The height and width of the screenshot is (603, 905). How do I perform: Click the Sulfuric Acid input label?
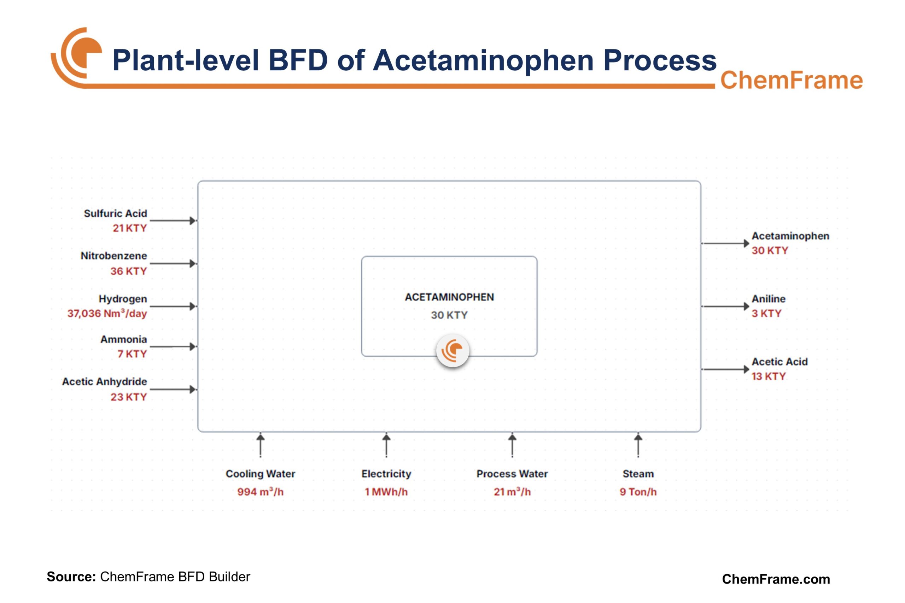tap(115, 213)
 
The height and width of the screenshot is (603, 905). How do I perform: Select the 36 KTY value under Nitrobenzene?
tap(128, 271)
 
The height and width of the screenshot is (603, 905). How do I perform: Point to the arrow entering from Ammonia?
tap(173, 346)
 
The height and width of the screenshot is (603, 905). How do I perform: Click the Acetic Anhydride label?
tap(104, 381)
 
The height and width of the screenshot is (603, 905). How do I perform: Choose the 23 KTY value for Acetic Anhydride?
tap(128, 397)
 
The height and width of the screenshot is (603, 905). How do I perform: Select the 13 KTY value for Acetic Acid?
tap(768, 376)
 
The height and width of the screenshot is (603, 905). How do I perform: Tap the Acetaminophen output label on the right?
tap(790, 236)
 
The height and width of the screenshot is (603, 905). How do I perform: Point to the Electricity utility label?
tap(386, 473)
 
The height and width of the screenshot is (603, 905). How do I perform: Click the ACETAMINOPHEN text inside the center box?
tap(449, 297)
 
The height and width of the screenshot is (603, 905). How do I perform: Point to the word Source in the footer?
tap(71, 576)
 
